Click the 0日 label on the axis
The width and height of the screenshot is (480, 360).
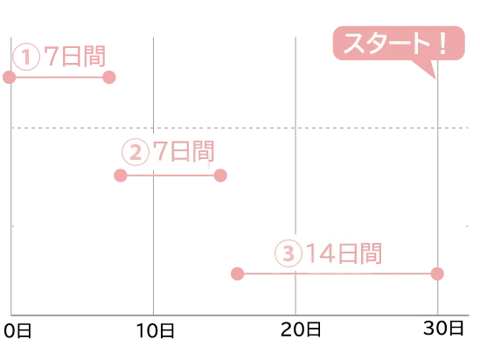coord(17,331)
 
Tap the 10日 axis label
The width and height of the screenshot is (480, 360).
coord(156,331)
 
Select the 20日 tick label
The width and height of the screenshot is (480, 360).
coord(301,329)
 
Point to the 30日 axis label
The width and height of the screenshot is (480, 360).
coord(443,329)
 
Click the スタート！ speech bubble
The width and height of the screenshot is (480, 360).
coord(399,43)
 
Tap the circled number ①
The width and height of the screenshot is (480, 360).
coord(26,57)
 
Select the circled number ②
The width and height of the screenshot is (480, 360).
coord(136,152)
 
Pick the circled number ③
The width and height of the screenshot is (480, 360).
coord(289,253)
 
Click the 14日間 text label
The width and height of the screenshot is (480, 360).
coord(344,253)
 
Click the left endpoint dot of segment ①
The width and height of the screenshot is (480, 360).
coord(10,78)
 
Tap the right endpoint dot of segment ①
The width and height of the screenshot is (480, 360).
coord(109,78)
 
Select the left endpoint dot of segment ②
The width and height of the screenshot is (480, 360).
coord(121,176)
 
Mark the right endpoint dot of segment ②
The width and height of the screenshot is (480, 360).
coord(220,176)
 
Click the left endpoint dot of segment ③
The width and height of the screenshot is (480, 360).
coord(237,273)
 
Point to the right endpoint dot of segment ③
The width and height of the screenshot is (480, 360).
coord(437,273)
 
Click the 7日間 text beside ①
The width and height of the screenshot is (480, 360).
coord(74,56)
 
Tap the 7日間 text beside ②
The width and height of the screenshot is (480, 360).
coord(184,151)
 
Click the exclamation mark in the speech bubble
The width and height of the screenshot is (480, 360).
coord(442,43)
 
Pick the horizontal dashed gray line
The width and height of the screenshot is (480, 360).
coord(240,128)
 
